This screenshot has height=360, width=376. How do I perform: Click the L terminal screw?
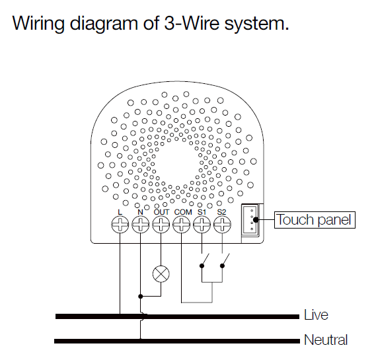pos(120,225)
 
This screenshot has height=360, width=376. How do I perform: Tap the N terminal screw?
pos(141,225)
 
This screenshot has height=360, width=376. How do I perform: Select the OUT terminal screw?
pos(161,225)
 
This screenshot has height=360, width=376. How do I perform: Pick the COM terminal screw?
pos(182,225)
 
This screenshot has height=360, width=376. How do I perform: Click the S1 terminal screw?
pos(202,225)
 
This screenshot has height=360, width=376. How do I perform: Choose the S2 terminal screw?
pos(222,225)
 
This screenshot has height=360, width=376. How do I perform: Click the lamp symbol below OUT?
pos(161,274)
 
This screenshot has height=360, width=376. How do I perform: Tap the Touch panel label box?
pos(315,220)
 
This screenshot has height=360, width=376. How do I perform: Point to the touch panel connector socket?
pos(250,219)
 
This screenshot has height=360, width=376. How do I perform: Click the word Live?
pos(316,314)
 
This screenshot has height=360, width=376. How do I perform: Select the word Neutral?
pos(326,340)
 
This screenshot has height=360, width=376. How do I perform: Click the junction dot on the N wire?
pos(141,297)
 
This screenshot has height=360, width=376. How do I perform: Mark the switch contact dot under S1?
pos(202,266)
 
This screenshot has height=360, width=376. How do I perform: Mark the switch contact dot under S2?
pos(222,266)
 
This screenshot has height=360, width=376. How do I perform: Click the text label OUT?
pos(161,212)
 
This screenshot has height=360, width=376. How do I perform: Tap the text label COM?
pos(183,212)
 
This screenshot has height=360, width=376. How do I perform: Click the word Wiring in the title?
pos(38,24)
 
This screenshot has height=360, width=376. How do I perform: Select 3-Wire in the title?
pos(192,23)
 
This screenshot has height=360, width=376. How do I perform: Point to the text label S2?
pos(221,212)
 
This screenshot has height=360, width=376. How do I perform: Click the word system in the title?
pos(256,24)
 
